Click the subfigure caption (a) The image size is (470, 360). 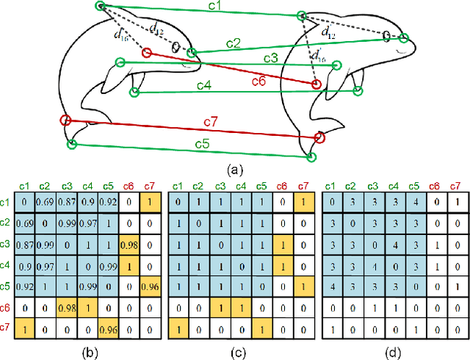click(234, 170)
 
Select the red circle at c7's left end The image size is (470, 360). click(65, 120)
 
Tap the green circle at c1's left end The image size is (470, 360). click(101, 6)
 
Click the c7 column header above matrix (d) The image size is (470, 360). click(455, 185)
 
